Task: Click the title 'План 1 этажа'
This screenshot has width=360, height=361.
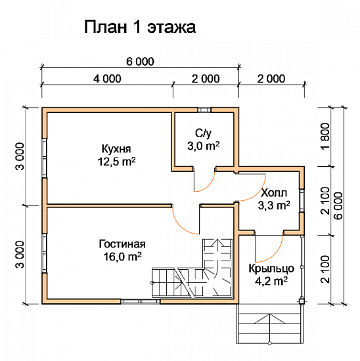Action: click(139, 28)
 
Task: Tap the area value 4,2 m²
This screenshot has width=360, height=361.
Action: click(269, 282)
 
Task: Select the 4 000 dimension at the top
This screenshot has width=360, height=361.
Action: click(107, 79)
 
